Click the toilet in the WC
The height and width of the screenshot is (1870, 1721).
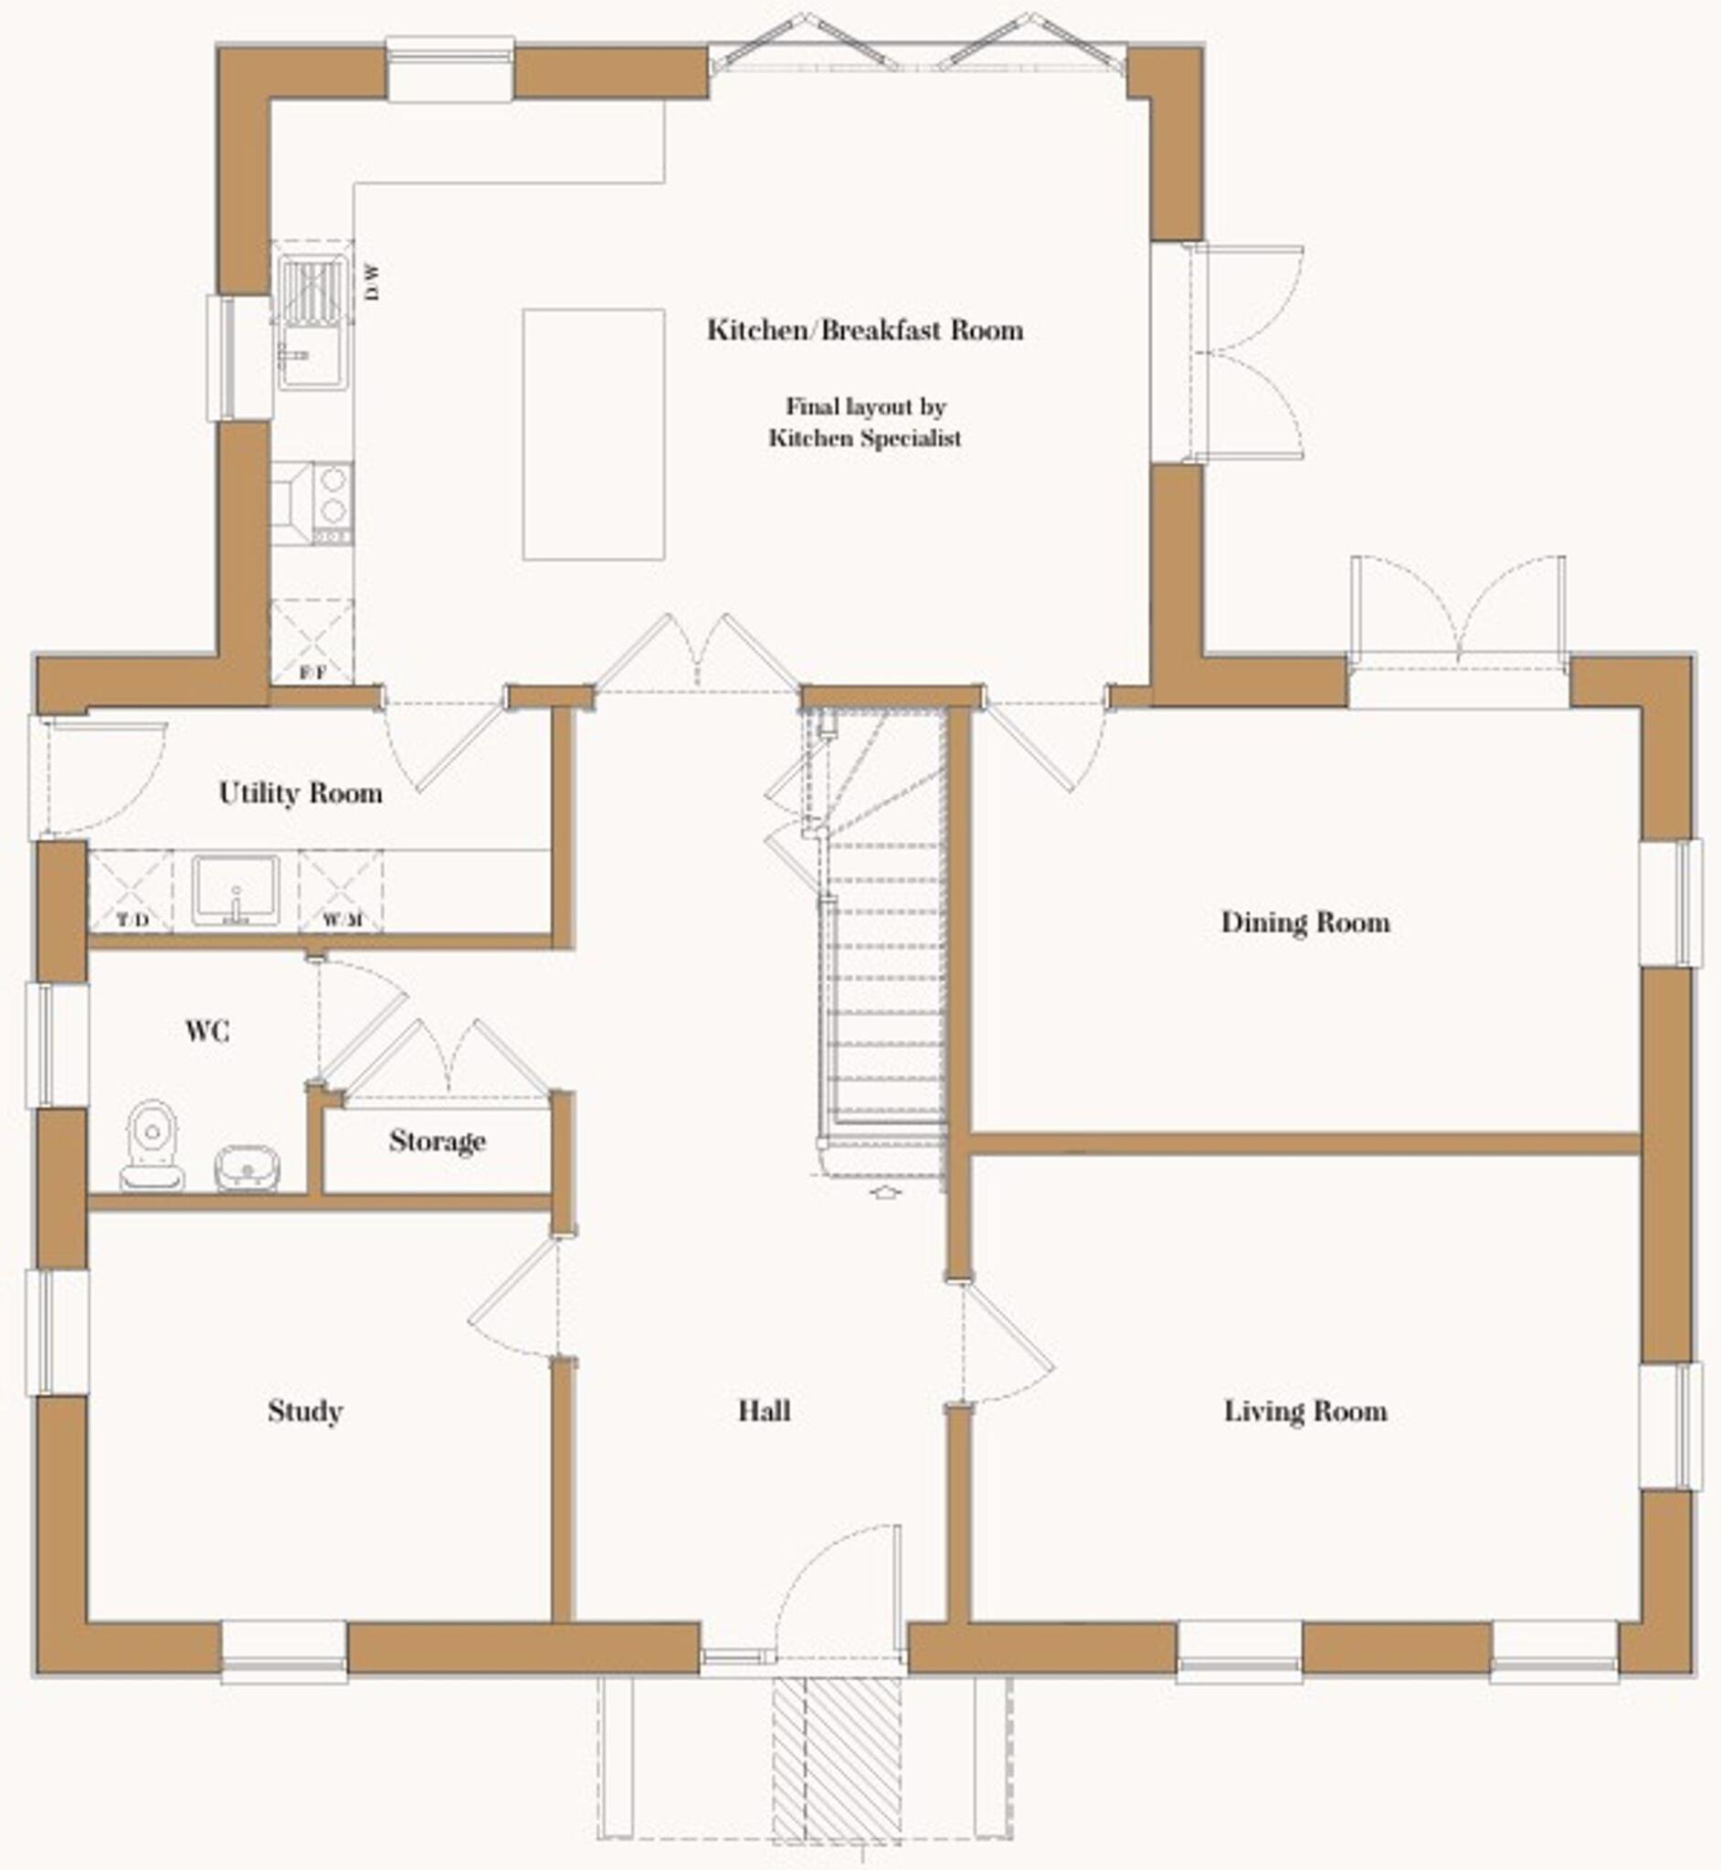(x=152, y=1145)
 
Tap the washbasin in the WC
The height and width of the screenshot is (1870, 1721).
(x=248, y=1167)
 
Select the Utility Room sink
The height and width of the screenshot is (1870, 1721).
(x=236, y=890)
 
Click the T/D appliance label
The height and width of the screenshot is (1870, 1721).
(x=132, y=920)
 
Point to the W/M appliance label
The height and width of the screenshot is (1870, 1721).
(x=342, y=920)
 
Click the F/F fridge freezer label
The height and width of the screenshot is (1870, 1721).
(x=313, y=672)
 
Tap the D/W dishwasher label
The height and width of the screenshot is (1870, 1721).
(x=373, y=282)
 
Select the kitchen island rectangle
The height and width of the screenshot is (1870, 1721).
(x=593, y=434)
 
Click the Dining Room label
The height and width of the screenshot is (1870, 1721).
(x=1304, y=922)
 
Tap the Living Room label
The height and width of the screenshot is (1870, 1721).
(x=1304, y=1411)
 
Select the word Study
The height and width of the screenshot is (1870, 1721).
(x=305, y=1411)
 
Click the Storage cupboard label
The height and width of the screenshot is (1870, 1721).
(x=437, y=1140)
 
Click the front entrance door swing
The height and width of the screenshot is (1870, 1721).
(x=839, y=1582)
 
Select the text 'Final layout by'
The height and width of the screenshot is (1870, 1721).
(x=865, y=406)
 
